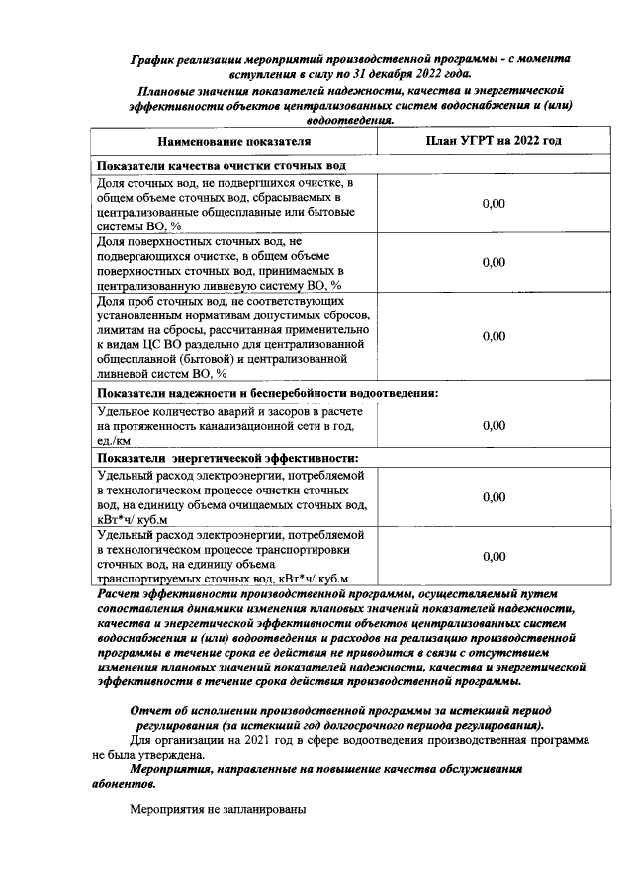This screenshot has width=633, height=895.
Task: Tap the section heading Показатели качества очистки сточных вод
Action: click(221, 166)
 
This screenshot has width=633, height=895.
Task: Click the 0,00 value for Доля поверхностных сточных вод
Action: click(494, 262)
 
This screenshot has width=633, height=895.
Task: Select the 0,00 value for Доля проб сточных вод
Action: click(494, 335)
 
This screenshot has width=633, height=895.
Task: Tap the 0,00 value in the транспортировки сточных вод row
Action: click(494, 557)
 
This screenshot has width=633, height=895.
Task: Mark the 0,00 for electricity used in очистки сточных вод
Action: click(494, 497)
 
